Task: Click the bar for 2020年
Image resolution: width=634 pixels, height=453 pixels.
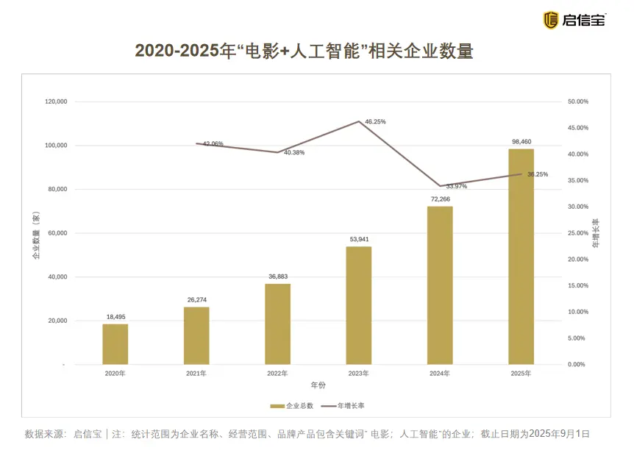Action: (x=115, y=344)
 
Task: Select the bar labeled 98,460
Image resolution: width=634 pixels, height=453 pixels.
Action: (x=521, y=257)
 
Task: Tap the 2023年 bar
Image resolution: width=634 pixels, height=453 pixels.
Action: (x=359, y=305)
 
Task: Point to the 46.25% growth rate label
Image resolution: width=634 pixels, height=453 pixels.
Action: (x=375, y=121)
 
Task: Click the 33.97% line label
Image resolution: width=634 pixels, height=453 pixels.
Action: (x=456, y=186)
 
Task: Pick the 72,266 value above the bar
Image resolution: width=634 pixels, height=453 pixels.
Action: (x=440, y=199)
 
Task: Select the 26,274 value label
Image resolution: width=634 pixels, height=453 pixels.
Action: (x=196, y=300)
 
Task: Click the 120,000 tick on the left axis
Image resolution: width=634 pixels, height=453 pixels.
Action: (x=56, y=101)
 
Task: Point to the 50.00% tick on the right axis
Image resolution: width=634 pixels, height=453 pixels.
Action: (x=577, y=101)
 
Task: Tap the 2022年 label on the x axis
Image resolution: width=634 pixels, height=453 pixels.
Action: (x=277, y=374)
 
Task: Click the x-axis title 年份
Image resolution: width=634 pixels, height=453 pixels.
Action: (x=318, y=385)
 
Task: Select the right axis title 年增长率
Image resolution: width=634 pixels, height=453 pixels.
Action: (x=596, y=232)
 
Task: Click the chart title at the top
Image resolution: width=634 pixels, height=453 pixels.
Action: (x=304, y=51)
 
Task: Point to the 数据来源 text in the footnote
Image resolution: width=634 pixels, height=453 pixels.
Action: (x=46, y=434)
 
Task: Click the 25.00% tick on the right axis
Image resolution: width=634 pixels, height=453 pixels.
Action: (x=577, y=233)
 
